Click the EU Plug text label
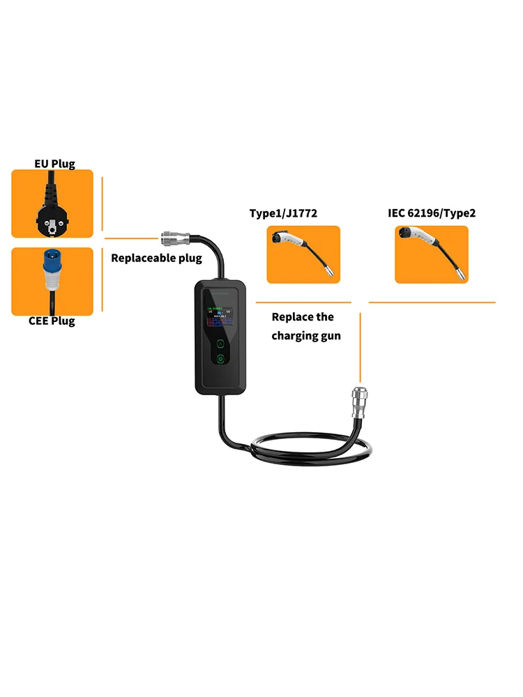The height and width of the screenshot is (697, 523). pos(55,164)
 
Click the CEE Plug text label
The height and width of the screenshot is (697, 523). pos(52,321)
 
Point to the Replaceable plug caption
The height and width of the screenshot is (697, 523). pos(156,258)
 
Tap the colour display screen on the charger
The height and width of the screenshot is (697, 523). pos(221,320)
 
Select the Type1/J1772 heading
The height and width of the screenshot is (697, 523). pos(283,213)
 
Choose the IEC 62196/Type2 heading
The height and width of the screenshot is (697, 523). pos(432,213)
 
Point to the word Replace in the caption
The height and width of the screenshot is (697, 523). pos(292,317)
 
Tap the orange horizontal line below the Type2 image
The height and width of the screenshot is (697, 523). pos(432,302)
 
